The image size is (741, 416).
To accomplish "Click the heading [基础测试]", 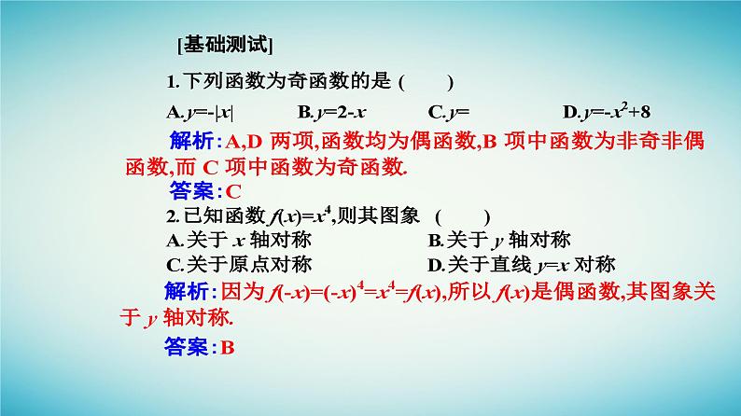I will point(223,45).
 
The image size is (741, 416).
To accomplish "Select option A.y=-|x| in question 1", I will point(200,113).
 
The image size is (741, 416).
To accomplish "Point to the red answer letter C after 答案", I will point(233,192).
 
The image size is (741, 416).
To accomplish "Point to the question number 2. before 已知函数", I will point(172,216).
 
